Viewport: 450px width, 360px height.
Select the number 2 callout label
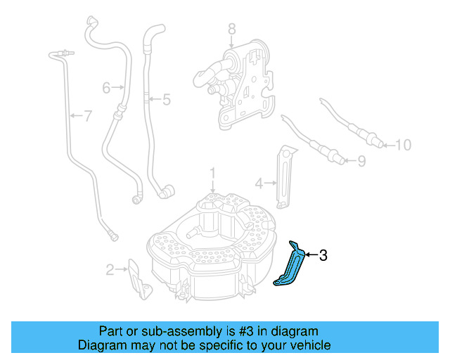click(x=110, y=269)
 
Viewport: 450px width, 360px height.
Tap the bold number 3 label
click(x=323, y=256)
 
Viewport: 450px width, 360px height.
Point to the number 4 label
click(x=259, y=184)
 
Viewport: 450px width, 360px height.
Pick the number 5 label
click(x=167, y=100)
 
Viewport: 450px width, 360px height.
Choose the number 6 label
click(x=106, y=88)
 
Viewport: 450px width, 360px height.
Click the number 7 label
click(x=87, y=116)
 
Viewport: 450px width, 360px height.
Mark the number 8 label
click(x=232, y=30)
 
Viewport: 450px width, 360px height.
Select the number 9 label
click(x=361, y=162)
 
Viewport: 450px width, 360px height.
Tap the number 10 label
click(x=402, y=146)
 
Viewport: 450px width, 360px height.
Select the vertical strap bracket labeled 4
click(x=284, y=177)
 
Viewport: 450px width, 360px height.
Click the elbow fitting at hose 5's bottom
click(x=165, y=191)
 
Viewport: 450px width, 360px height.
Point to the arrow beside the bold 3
click(x=311, y=256)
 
